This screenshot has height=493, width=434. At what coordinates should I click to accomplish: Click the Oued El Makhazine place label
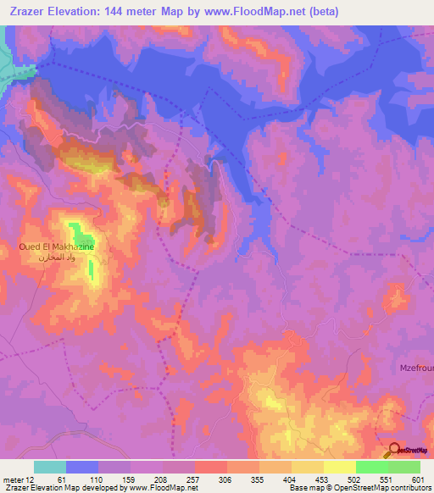(57, 246)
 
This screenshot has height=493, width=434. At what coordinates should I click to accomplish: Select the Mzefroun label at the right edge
(416, 368)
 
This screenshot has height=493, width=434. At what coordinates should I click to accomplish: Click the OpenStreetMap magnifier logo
(395, 451)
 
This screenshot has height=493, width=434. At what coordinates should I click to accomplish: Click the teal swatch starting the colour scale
(50, 467)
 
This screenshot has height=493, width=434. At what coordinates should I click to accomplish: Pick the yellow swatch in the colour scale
(340, 467)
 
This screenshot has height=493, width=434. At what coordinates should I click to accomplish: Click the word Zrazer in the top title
(29, 11)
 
